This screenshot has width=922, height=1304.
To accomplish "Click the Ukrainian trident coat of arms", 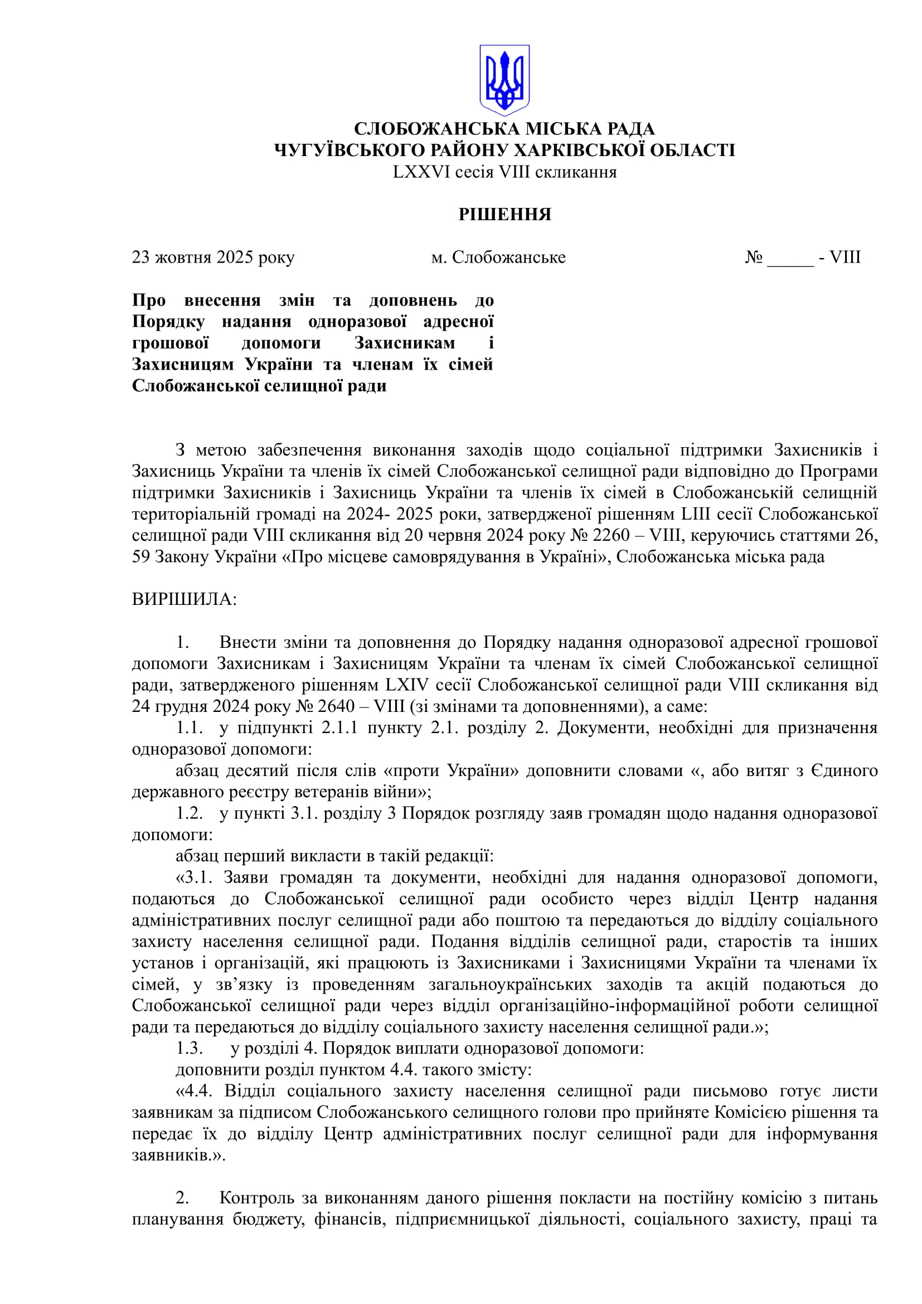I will (504, 80).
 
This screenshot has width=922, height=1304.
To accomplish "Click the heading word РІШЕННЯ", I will (504, 215).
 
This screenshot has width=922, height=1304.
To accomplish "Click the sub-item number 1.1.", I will (189, 728).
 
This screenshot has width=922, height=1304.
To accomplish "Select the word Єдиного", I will (844, 770).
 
